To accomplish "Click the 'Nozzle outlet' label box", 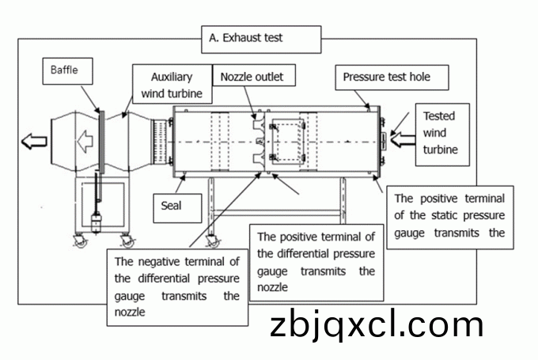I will [x=252, y=77].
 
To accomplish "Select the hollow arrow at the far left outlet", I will [x=34, y=142].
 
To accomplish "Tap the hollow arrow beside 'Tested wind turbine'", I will [x=403, y=141].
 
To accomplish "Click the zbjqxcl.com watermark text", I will [x=376, y=325].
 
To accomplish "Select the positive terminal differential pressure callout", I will [x=316, y=262].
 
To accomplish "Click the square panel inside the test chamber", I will [x=286, y=139].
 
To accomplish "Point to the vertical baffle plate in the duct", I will [x=100, y=142].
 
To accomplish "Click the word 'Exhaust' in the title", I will [x=240, y=37].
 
